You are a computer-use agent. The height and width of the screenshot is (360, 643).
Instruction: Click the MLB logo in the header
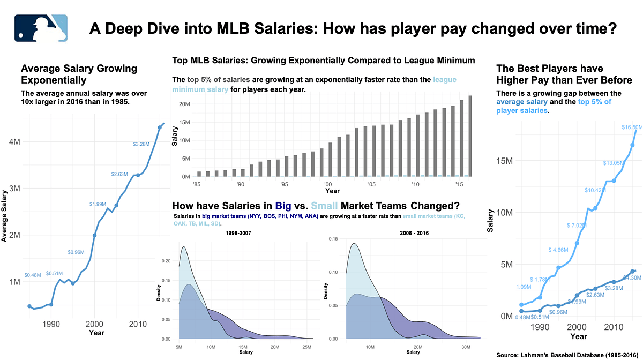coord(41,28)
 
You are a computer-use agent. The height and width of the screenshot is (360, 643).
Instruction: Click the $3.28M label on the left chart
coord(141,144)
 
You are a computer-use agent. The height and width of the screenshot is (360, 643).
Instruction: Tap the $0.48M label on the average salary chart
coord(33,275)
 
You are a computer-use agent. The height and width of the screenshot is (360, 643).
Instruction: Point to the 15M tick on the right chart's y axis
coord(504,161)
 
